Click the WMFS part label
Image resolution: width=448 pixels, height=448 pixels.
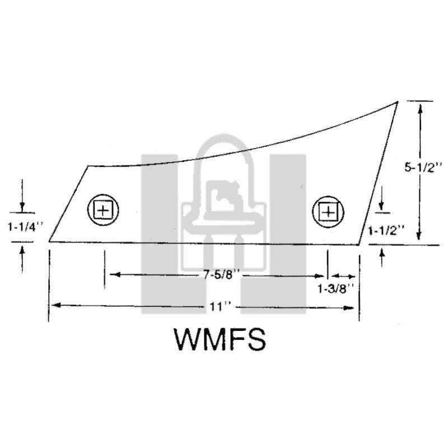coord(220,339)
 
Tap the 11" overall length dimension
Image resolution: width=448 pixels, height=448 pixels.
coord(220,307)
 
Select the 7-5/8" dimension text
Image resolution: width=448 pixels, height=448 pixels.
coord(221,275)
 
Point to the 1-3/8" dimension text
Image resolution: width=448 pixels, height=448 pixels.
coord(336,289)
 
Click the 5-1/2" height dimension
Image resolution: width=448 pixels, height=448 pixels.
coord(423,167)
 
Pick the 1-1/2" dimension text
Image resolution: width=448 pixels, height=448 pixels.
coord(386,230)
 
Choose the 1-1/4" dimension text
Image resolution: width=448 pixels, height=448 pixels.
coord(25,227)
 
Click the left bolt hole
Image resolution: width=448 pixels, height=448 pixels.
coord(103,210)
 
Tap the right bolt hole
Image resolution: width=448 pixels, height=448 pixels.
coord(328,212)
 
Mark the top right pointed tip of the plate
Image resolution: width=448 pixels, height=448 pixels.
coord(398,102)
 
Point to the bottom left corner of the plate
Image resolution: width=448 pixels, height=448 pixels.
coord(49,242)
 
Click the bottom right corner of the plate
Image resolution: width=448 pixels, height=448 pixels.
coord(358,245)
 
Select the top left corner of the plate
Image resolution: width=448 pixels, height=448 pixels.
coord(88,166)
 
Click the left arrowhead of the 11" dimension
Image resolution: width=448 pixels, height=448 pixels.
coord(55,305)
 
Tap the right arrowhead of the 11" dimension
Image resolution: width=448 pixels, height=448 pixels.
coord(349,308)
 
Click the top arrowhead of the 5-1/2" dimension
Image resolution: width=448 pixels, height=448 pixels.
coord(420,109)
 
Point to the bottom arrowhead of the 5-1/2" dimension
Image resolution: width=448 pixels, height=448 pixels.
coord(418,235)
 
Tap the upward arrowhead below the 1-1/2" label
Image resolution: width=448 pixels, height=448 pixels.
coord(382,253)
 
